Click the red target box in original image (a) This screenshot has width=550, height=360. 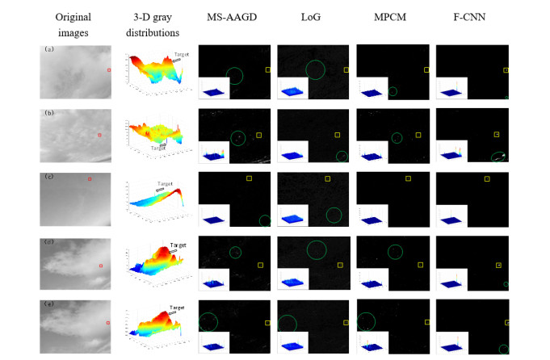tap(110, 70)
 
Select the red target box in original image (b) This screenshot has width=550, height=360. tap(99, 135)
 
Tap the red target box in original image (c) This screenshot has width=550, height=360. tap(90, 178)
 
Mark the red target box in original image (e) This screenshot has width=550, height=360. tap(108, 323)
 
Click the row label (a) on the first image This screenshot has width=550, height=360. tap(48, 50)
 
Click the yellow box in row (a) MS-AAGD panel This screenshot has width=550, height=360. tap(267, 71)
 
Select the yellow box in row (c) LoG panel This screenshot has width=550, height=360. tap(328, 178)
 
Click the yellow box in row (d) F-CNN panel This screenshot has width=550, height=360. tap(498, 265)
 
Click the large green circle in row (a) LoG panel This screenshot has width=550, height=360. tap(315, 71)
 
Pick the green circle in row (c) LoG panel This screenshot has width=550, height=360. tap(333, 216)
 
